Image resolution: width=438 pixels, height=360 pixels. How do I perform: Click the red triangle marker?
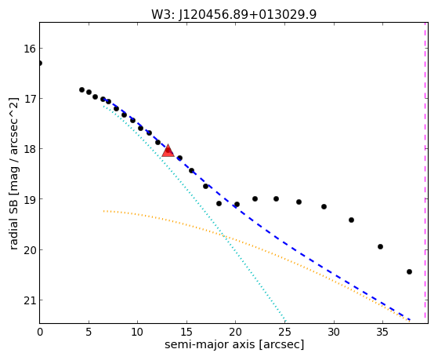click(168, 151)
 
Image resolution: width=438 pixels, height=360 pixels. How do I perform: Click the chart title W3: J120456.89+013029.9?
click(233, 15)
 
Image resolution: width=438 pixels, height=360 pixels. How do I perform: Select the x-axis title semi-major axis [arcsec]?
click(234, 344)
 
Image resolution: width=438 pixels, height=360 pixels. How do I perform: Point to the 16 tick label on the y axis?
click(29, 49)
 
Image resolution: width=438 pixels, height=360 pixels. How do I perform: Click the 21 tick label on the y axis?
click(29, 300)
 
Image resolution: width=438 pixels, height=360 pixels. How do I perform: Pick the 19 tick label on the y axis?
click(29, 199)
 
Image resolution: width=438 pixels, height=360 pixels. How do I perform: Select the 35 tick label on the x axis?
click(382, 332)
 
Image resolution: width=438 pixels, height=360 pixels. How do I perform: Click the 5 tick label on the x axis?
click(89, 332)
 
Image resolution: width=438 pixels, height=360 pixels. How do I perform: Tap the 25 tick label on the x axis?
click(284, 332)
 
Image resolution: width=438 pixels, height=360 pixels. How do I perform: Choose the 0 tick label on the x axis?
click(40, 332)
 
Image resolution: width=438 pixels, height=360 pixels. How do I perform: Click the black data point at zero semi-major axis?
click(40, 64)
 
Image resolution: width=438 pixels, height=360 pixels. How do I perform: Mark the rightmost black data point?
click(409, 271)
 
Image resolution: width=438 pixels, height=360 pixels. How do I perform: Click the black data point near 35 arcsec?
click(380, 247)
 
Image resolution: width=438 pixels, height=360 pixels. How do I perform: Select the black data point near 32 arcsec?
click(351, 220)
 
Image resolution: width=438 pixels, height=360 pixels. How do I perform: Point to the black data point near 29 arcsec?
click(324, 207)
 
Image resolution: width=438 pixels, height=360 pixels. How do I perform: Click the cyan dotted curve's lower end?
click(285, 321)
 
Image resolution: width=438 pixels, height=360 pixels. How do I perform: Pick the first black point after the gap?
click(81, 89)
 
